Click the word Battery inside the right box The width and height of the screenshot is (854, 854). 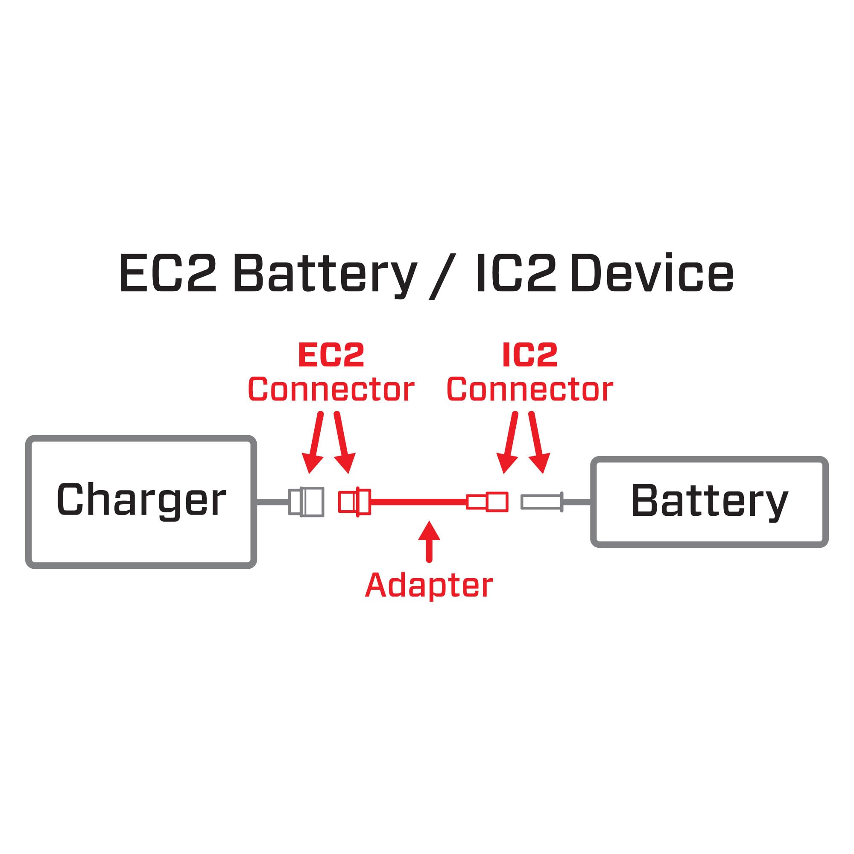709,501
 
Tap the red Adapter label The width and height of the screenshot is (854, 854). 429,586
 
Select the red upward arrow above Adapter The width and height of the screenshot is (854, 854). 428,542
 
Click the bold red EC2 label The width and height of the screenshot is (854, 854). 330,355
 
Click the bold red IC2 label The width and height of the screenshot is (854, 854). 529,355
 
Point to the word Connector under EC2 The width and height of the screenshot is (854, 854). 330,389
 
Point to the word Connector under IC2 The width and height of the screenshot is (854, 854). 529,389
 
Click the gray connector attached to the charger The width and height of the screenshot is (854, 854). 306,502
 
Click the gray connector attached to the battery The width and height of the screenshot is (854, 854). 542,502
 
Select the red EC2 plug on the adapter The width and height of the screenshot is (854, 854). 354,502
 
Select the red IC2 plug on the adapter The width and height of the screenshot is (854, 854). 488,502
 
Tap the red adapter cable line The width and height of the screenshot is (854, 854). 418,502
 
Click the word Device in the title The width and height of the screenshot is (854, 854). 652,274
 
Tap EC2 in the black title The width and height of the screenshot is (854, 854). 168,274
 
